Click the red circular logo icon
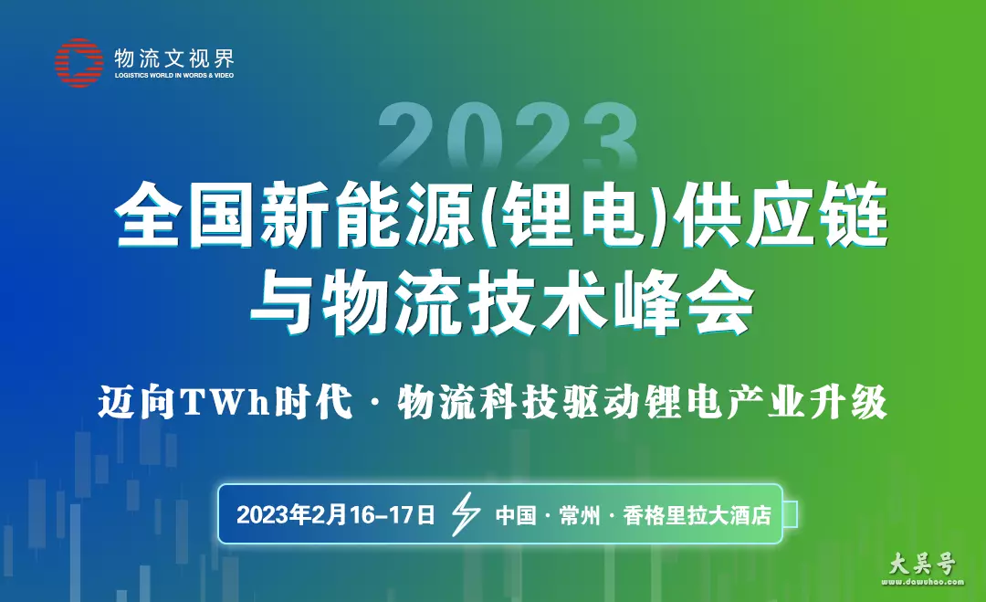click(79, 62)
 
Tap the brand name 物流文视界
click(174, 58)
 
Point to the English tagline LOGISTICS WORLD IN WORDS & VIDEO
click(174, 76)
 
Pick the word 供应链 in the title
click(781, 216)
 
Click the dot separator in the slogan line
click(375, 403)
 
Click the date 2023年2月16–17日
click(336, 514)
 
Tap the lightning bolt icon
click(466, 514)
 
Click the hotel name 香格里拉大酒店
click(698, 515)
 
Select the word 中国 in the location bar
click(516, 515)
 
